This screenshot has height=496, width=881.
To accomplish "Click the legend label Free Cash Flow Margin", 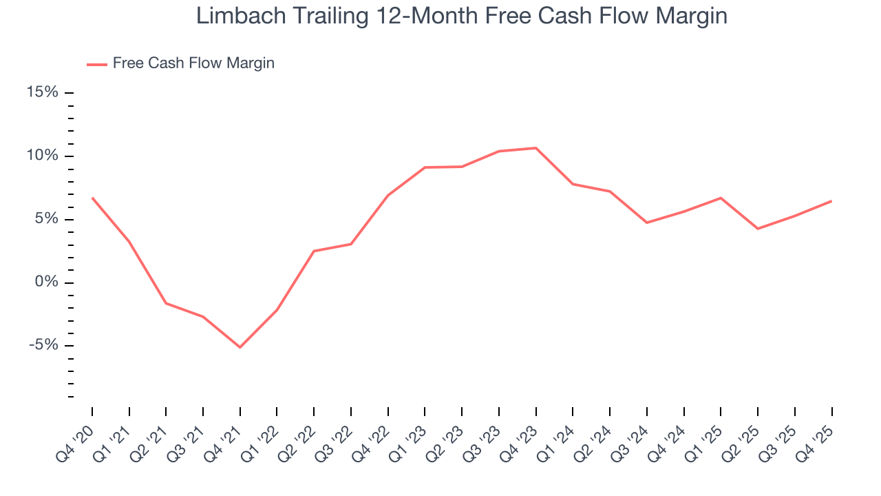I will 193,63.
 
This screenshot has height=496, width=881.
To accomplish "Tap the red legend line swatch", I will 97,64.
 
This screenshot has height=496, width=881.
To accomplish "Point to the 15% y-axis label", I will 43,92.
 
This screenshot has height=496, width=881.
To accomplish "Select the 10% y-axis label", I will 43,156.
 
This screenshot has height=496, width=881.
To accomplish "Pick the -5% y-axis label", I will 43,346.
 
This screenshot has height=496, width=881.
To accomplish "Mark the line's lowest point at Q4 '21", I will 240,347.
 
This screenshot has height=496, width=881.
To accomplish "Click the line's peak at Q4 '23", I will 535,148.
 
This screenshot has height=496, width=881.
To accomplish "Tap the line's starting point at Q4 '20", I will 92,198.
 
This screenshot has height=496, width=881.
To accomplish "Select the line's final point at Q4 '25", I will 831,201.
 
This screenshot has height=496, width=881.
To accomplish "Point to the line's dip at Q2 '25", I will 758,229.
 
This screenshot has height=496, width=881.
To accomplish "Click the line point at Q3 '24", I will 647,223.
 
